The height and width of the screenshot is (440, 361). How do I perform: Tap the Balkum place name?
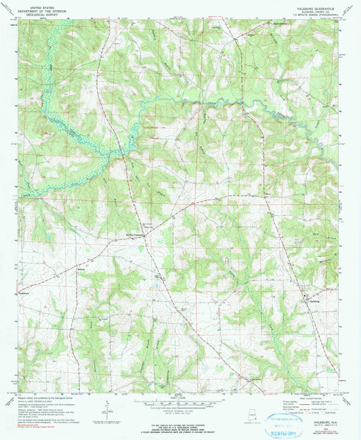tap(83, 268)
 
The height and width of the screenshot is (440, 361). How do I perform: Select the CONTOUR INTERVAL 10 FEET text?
tap(179, 411)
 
